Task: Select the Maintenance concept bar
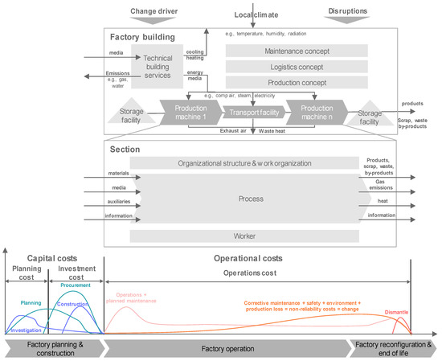pos(297,51)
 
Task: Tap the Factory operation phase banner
pos(229,348)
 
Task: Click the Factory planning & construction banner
pos(54,348)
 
